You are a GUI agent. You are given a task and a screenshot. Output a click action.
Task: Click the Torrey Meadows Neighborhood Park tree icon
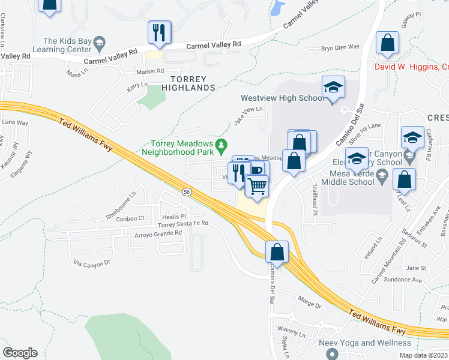(222, 145)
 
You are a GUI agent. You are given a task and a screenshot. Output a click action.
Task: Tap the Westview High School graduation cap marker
(333, 88)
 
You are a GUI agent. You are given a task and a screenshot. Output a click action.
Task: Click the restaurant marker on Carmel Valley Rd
(160, 33)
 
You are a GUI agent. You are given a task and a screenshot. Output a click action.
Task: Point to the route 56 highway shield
(187, 191)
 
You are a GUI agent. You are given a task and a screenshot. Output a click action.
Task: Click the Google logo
(20, 353)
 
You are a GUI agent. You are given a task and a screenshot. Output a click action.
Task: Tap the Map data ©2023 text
(423, 355)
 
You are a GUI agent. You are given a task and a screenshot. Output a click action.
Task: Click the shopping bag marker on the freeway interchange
(277, 253)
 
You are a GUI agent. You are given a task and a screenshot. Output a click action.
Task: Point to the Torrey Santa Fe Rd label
(182, 223)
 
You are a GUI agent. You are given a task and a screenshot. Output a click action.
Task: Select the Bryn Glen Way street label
(340, 47)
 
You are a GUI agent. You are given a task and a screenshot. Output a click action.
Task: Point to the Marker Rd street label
(150, 71)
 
